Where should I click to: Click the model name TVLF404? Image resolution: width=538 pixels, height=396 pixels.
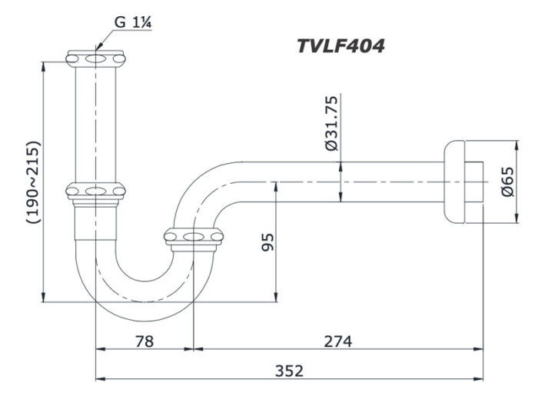[x=340, y=46]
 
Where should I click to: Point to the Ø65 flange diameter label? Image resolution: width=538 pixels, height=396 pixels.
[x=507, y=181]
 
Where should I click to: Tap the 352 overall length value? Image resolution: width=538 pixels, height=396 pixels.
[x=289, y=370]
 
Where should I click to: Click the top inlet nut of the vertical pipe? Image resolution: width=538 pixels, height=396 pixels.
[x=95, y=58]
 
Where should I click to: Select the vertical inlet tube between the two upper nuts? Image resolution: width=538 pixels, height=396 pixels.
[x=95, y=123]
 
